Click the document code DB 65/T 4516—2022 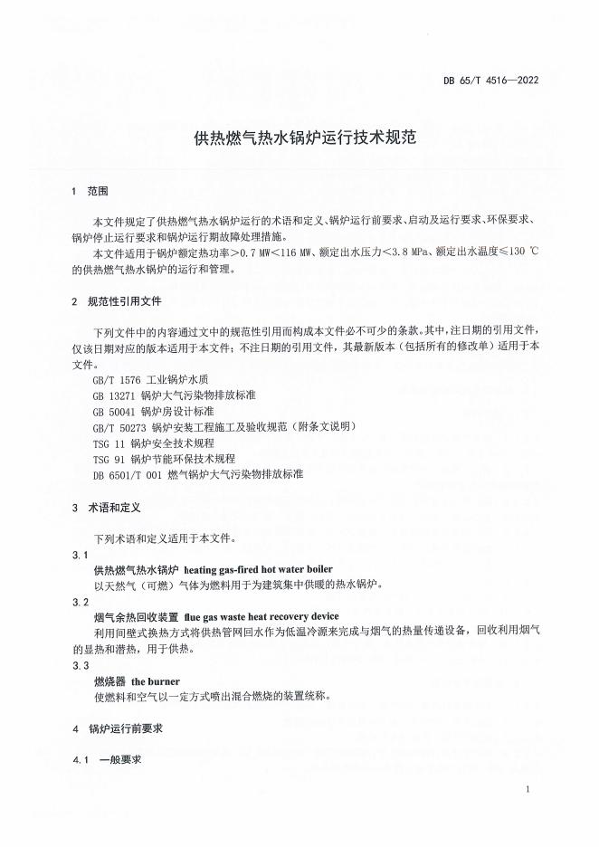491,81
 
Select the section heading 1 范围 90,192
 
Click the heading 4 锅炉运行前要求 116,728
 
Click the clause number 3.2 81,602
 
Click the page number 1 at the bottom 527,791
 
